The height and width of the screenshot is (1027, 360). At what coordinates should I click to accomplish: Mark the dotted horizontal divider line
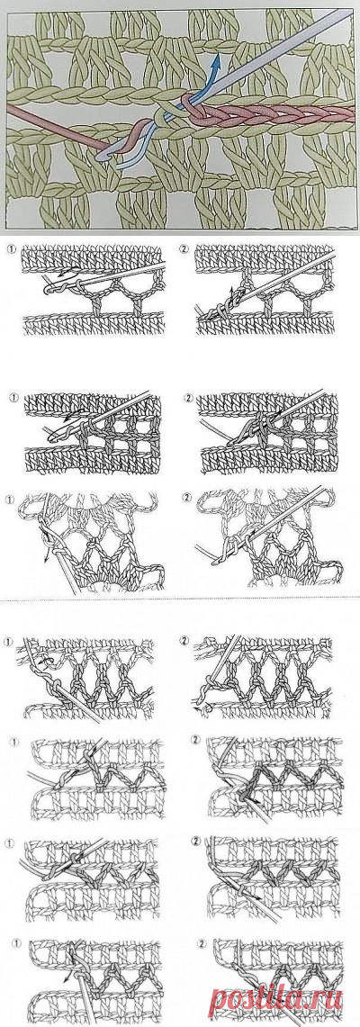(180, 600)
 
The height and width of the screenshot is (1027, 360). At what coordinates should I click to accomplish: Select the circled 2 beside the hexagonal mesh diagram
(185, 249)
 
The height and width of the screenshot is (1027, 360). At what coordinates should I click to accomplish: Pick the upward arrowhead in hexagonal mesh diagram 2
(231, 289)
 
